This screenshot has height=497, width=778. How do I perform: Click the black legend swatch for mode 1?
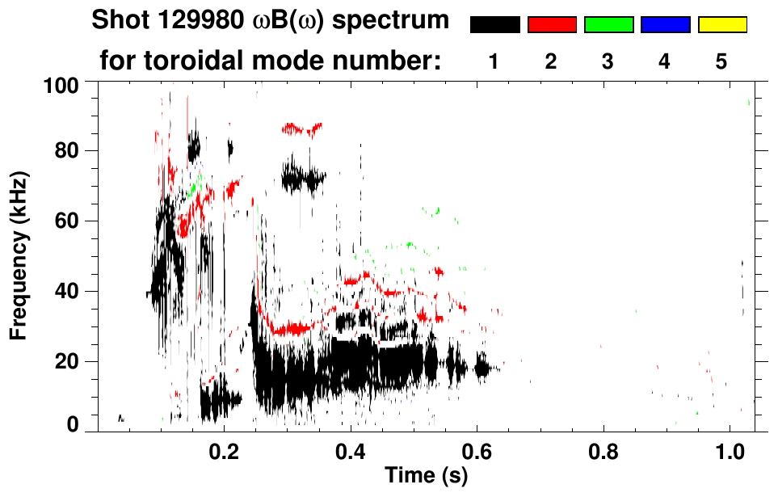point(494,25)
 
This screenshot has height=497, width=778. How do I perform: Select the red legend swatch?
point(552,25)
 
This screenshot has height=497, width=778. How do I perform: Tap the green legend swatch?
point(608,25)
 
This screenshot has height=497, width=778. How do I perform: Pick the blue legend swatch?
point(665,25)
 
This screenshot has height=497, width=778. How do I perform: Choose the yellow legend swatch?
point(721,25)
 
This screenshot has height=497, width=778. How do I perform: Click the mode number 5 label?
point(721,62)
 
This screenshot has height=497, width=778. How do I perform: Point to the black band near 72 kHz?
point(303,176)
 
